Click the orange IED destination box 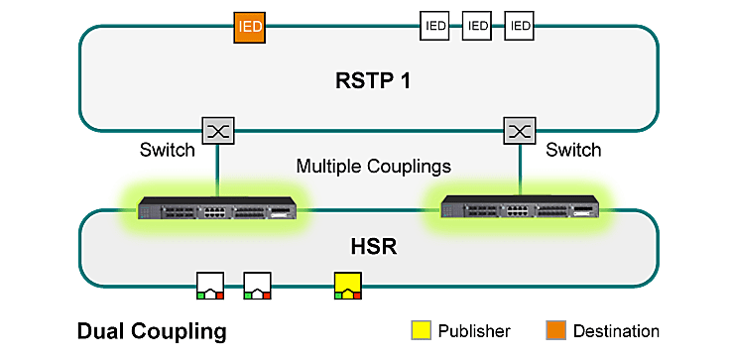pyautogui.click(x=250, y=27)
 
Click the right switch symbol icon pyautogui.click(x=519, y=130)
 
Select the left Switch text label pyautogui.click(x=168, y=151)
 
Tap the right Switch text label pyautogui.click(x=573, y=151)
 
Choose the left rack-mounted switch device pyautogui.click(x=217, y=210)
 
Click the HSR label pyautogui.click(x=368, y=245)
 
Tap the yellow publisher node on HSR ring pyautogui.click(x=348, y=287)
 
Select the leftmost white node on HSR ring pyautogui.click(x=210, y=287)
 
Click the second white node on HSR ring pyautogui.click(x=258, y=287)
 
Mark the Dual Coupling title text pyautogui.click(x=151, y=330)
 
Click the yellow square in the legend pyautogui.click(x=422, y=330)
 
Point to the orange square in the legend pyautogui.click(x=555, y=330)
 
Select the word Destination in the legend pyautogui.click(x=616, y=330)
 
